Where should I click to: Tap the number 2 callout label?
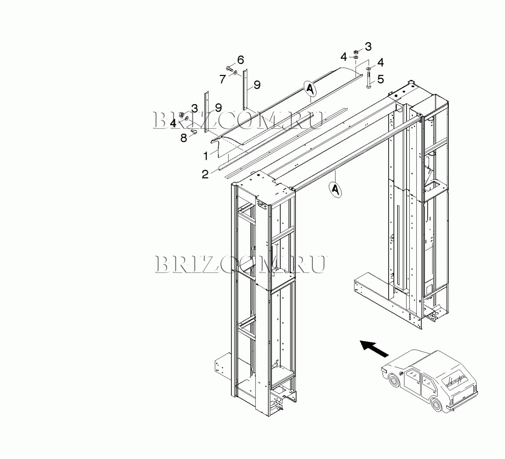205,174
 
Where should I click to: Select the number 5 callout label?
381,79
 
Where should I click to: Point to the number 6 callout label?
240,60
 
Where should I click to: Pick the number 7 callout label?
222,79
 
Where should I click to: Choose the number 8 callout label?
184,138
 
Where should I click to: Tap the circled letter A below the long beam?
335,189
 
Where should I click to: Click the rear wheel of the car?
436,405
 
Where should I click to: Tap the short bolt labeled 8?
193,131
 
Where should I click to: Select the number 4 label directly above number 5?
380,63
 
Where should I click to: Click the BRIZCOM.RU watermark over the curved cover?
238,120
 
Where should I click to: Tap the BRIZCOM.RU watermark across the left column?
241,264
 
